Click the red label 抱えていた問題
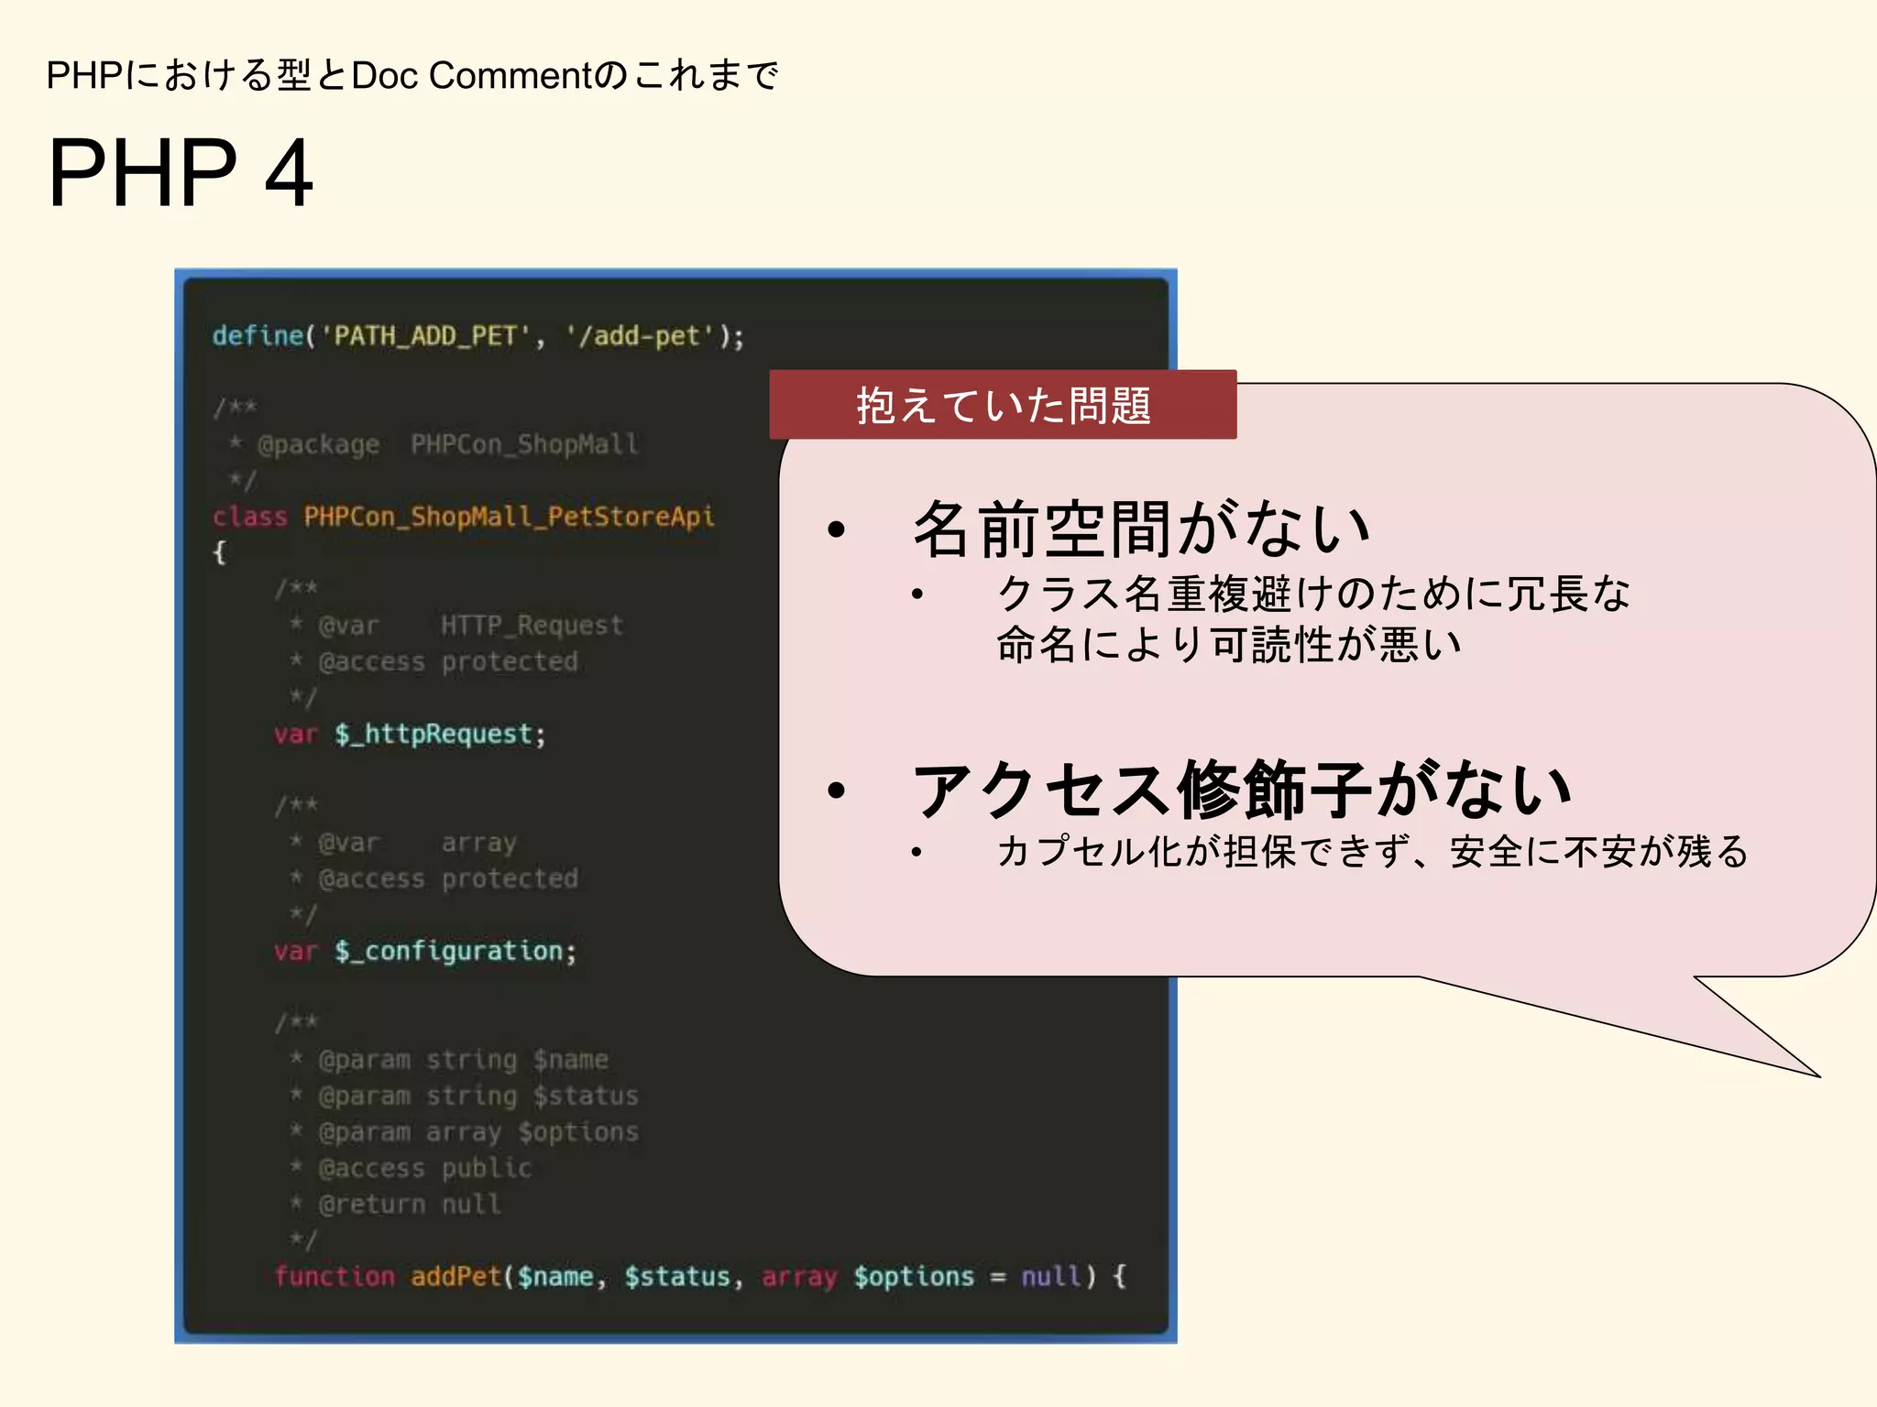point(1003,405)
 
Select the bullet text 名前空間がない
point(1140,529)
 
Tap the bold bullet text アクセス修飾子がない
point(1241,790)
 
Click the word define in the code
point(257,336)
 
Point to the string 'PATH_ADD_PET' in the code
point(424,336)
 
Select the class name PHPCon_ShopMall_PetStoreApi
point(509,517)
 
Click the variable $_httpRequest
point(440,734)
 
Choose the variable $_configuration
point(455,951)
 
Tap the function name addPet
point(456,1276)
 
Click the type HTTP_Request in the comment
point(532,626)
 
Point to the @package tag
point(318,445)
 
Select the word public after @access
point(486,1168)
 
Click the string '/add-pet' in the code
point(639,336)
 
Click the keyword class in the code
point(249,517)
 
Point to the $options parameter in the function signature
point(914,1276)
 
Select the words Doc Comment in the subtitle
point(473,75)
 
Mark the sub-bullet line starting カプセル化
point(1372,852)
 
